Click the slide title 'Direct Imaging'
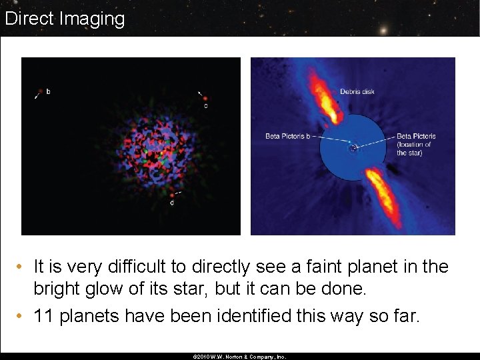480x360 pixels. point(65,19)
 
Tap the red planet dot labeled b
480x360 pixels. point(41,91)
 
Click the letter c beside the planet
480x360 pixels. point(205,106)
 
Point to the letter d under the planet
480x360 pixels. point(172,203)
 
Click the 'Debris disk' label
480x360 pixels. point(357,92)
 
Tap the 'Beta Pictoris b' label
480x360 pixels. point(288,137)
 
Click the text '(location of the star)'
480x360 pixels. point(414,149)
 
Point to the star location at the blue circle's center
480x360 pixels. point(353,148)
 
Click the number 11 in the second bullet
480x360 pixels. point(44,315)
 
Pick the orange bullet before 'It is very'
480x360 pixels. point(22,267)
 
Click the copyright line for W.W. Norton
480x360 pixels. point(239,357)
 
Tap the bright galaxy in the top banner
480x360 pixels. point(383,30)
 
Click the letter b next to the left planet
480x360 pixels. point(48,91)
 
